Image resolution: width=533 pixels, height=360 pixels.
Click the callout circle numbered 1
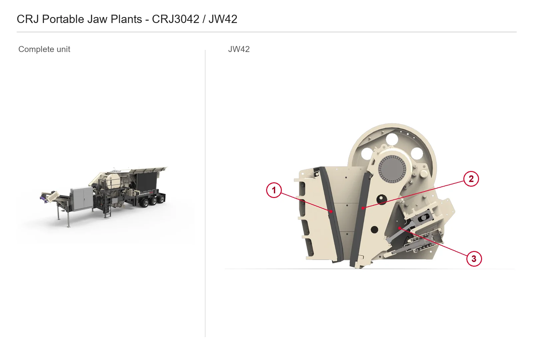click(274, 190)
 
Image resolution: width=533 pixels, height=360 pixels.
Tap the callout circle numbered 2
click(471, 179)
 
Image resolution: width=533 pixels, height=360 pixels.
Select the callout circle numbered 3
click(474, 259)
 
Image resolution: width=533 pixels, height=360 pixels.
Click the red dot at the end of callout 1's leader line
click(331, 211)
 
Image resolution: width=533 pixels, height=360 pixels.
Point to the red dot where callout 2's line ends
click(363, 208)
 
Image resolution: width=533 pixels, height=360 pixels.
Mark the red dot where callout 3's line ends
click(400, 228)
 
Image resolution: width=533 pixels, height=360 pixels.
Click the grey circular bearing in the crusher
click(392, 169)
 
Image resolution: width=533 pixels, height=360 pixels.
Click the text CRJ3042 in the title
click(175, 19)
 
